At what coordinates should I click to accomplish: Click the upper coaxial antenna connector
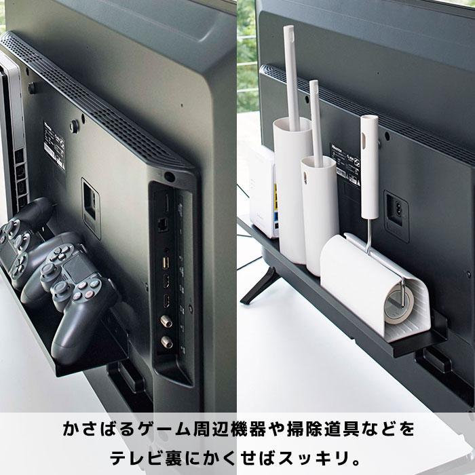tap(165, 318)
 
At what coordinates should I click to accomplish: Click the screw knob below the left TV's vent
tap(73, 126)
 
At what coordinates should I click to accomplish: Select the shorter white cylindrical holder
tap(318, 210)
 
